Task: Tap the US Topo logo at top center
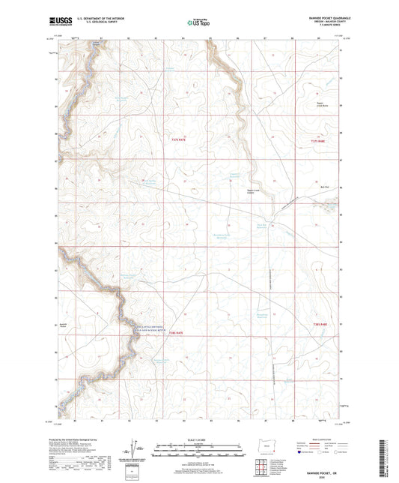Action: (x=198, y=23)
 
